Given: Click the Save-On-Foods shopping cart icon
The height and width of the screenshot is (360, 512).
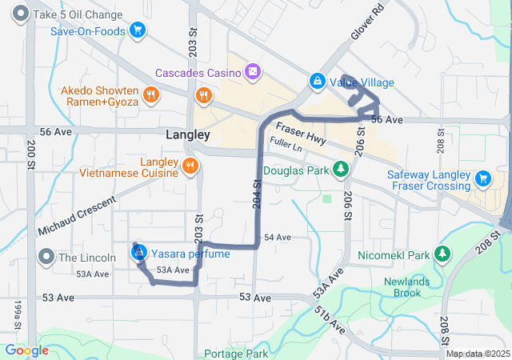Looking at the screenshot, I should pyautogui.click(x=138, y=31).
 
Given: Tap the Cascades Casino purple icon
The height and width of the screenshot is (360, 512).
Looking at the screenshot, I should pyautogui.click(x=253, y=73).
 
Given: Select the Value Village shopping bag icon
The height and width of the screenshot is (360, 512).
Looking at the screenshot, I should pyautogui.click(x=318, y=82).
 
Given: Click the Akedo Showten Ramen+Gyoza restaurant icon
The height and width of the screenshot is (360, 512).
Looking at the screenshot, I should pyautogui.click(x=151, y=97).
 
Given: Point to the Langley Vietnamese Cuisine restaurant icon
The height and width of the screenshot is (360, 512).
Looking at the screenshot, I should pyautogui.click(x=190, y=166).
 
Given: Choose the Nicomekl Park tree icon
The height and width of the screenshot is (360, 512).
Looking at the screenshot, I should pyautogui.click(x=442, y=254).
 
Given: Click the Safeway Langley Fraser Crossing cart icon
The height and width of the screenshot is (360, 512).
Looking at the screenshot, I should pyautogui.click(x=482, y=178).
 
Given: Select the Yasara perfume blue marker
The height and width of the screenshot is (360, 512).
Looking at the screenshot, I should pyautogui.click(x=138, y=254).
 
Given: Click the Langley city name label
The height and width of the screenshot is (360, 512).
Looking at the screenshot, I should pyautogui.click(x=187, y=135).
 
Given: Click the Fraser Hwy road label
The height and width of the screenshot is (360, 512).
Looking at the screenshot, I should pyautogui.click(x=301, y=133).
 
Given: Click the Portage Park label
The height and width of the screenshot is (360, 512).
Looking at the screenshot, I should pyautogui.click(x=236, y=353).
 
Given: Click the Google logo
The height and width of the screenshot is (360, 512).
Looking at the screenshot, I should pyautogui.click(x=26, y=350).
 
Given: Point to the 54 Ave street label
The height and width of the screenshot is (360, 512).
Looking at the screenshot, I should pyautogui.click(x=277, y=238).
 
